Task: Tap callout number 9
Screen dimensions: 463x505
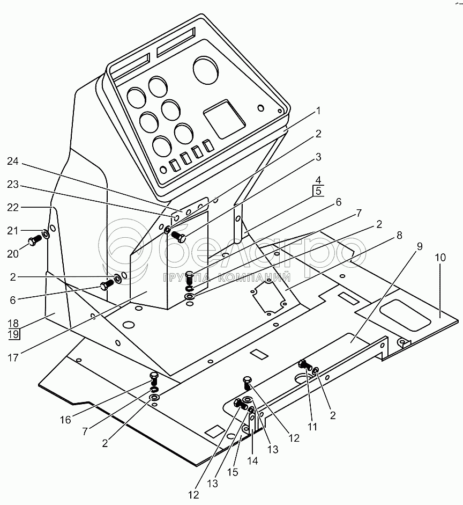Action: [420, 247]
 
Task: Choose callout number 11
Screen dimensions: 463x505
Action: [313, 427]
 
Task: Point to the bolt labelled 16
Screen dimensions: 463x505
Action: [154, 377]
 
